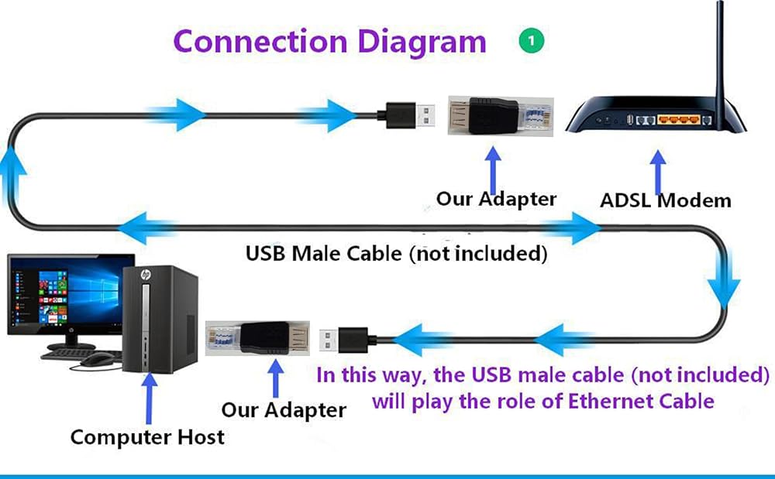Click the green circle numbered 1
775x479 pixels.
tap(532, 40)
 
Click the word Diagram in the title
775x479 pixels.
tap(422, 43)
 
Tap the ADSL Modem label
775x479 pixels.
tap(665, 200)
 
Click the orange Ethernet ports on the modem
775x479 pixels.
tap(679, 119)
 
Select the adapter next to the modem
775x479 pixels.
tap(501, 116)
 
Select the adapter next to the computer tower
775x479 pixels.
tap(257, 338)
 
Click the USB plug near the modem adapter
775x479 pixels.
tap(410, 115)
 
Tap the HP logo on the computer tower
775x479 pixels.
tap(146, 274)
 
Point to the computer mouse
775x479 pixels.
tap(98, 358)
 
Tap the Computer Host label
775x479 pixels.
tap(147, 437)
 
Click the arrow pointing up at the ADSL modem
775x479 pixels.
tap(657, 172)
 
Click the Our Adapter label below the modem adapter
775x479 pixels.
tap(496, 199)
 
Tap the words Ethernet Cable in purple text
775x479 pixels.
tap(641, 401)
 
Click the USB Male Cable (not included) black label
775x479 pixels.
tap(396, 254)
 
